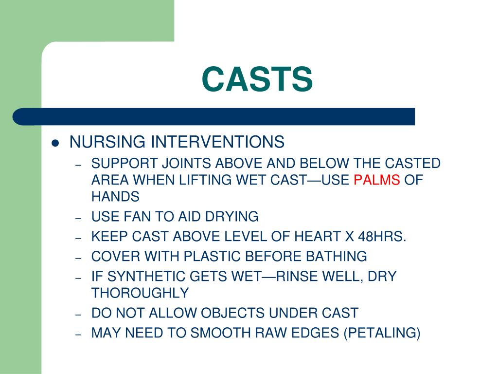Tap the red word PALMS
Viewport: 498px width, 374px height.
(x=376, y=180)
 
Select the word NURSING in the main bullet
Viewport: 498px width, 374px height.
(x=107, y=142)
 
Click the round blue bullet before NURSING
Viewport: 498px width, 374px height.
(x=55, y=143)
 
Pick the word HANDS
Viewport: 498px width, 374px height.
(x=115, y=197)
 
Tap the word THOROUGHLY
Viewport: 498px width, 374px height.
(x=140, y=293)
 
